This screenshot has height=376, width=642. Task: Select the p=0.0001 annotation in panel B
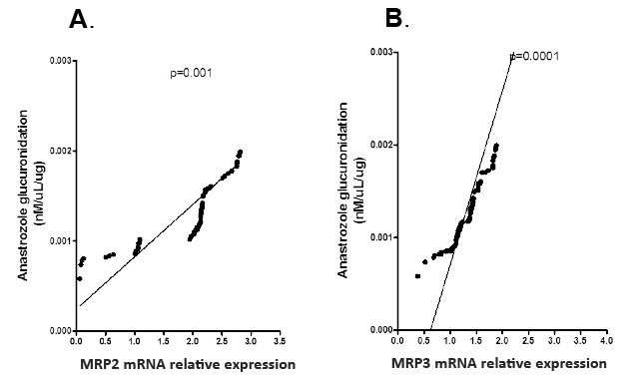click(x=535, y=56)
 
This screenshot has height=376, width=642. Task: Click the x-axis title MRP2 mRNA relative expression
click(x=187, y=364)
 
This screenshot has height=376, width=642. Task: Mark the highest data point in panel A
click(x=241, y=153)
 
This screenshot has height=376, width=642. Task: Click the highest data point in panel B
click(x=496, y=146)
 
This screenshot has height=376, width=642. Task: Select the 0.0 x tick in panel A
click(x=76, y=341)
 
